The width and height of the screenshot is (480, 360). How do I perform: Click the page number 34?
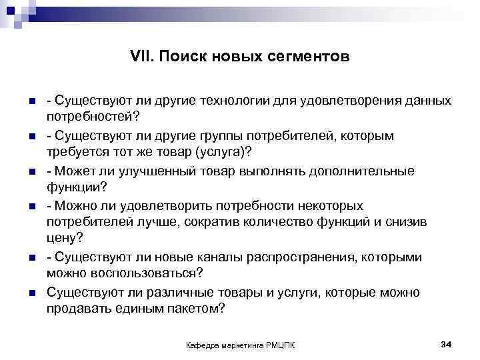point(447,344)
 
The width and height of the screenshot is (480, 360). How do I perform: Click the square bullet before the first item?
point(31,101)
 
